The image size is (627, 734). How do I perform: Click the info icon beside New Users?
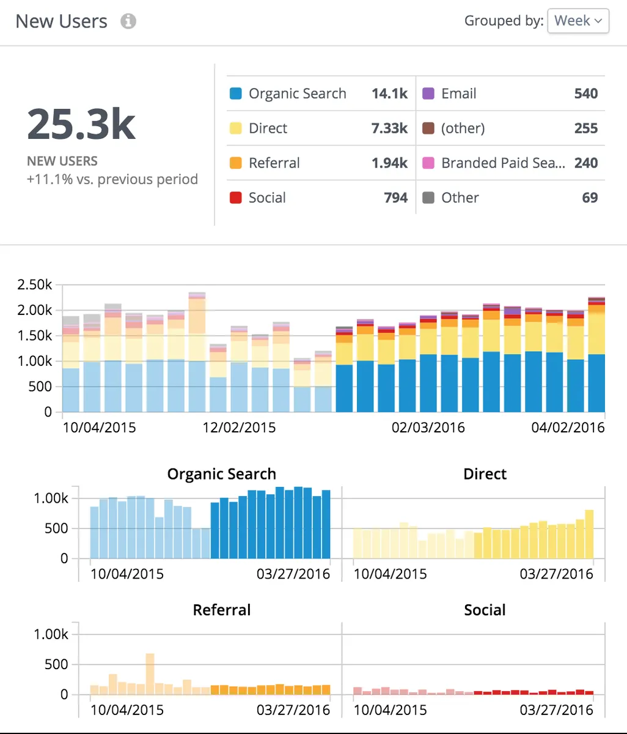point(128,21)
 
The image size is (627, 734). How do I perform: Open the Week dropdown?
point(578,21)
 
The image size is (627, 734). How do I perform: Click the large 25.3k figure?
point(81,124)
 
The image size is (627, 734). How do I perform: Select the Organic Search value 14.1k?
point(389,94)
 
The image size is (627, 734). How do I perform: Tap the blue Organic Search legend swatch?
point(236,94)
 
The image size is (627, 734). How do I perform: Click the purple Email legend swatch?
point(428,94)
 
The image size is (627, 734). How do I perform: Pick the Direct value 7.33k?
point(389,128)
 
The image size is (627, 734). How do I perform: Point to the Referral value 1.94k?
point(389,163)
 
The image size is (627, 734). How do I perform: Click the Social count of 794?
point(396,198)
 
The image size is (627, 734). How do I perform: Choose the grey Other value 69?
point(590,198)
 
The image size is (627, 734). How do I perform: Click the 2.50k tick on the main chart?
point(35,284)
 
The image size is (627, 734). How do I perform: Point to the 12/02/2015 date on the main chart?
point(240,428)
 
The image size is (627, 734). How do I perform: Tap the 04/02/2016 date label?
point(568,428)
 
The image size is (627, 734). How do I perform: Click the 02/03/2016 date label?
point(428,428)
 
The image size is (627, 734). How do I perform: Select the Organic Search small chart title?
point(222,474)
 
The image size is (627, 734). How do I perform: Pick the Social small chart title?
point(485,610)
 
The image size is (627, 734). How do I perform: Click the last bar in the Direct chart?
point(589,534)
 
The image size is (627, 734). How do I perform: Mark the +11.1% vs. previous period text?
point(112,179)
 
